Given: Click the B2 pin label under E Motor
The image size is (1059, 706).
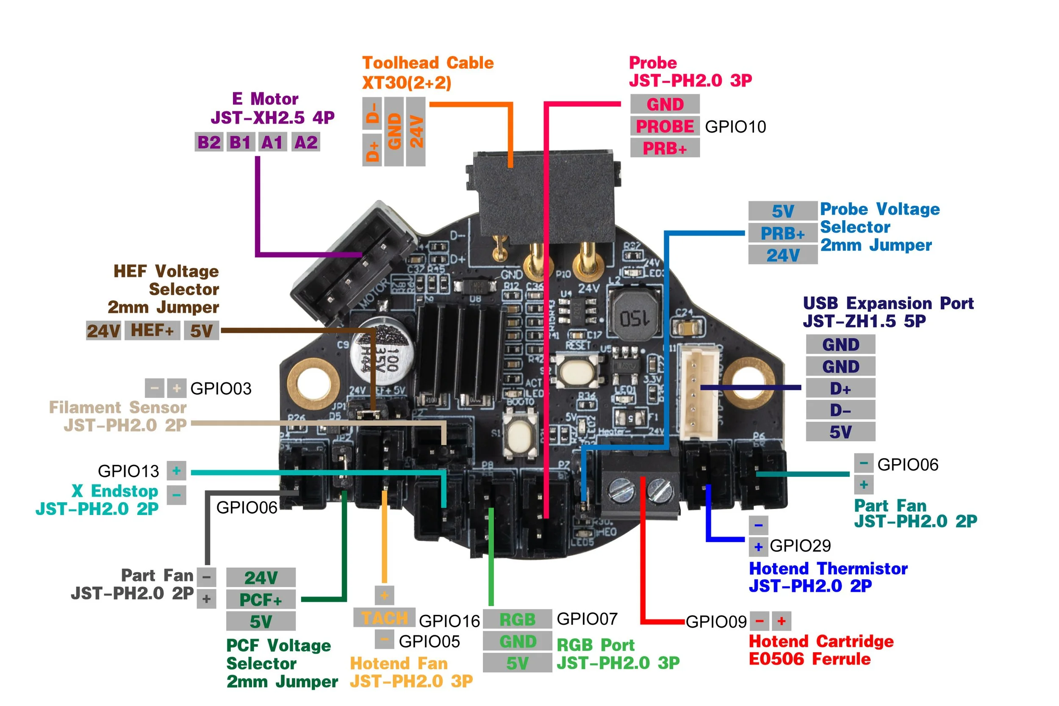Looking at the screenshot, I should pyautogui.click(x=209, y=142).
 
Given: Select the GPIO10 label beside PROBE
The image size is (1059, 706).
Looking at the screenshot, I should pyautogui.click(x=735, y=127).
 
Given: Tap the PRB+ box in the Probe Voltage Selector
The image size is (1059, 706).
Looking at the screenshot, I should pyautogui.click(x=782, y=233).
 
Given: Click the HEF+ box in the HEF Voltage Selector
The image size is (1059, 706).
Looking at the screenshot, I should pyautogui.click(x=152, y=330).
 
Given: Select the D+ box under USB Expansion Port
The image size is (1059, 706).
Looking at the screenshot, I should pyautogui.click(x=840, y=388).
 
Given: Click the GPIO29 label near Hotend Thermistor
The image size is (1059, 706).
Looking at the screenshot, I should pyautogui.click(x=800, y=546).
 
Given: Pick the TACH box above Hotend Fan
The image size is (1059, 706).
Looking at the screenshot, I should pyautogui.click(x=384, y=618).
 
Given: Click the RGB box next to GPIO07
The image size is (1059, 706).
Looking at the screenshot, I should pyautogui.click(x=517, y=620).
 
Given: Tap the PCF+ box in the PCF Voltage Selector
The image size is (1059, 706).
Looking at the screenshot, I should pyautogui.click(x=261, y=600).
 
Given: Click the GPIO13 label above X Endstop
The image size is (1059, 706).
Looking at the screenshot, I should pyautogui.click(x=128, y=471).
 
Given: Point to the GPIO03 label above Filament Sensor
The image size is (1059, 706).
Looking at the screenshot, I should pyautogui.click(x=221, y=388).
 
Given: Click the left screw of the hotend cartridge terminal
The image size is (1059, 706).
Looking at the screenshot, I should pyautogui.click(x=621, y=490).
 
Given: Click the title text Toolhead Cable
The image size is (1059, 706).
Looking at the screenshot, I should pyautogui.click(x=428, y=63).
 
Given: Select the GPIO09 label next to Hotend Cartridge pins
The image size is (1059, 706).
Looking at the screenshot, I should pyautogui.click(x=716, y=622).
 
